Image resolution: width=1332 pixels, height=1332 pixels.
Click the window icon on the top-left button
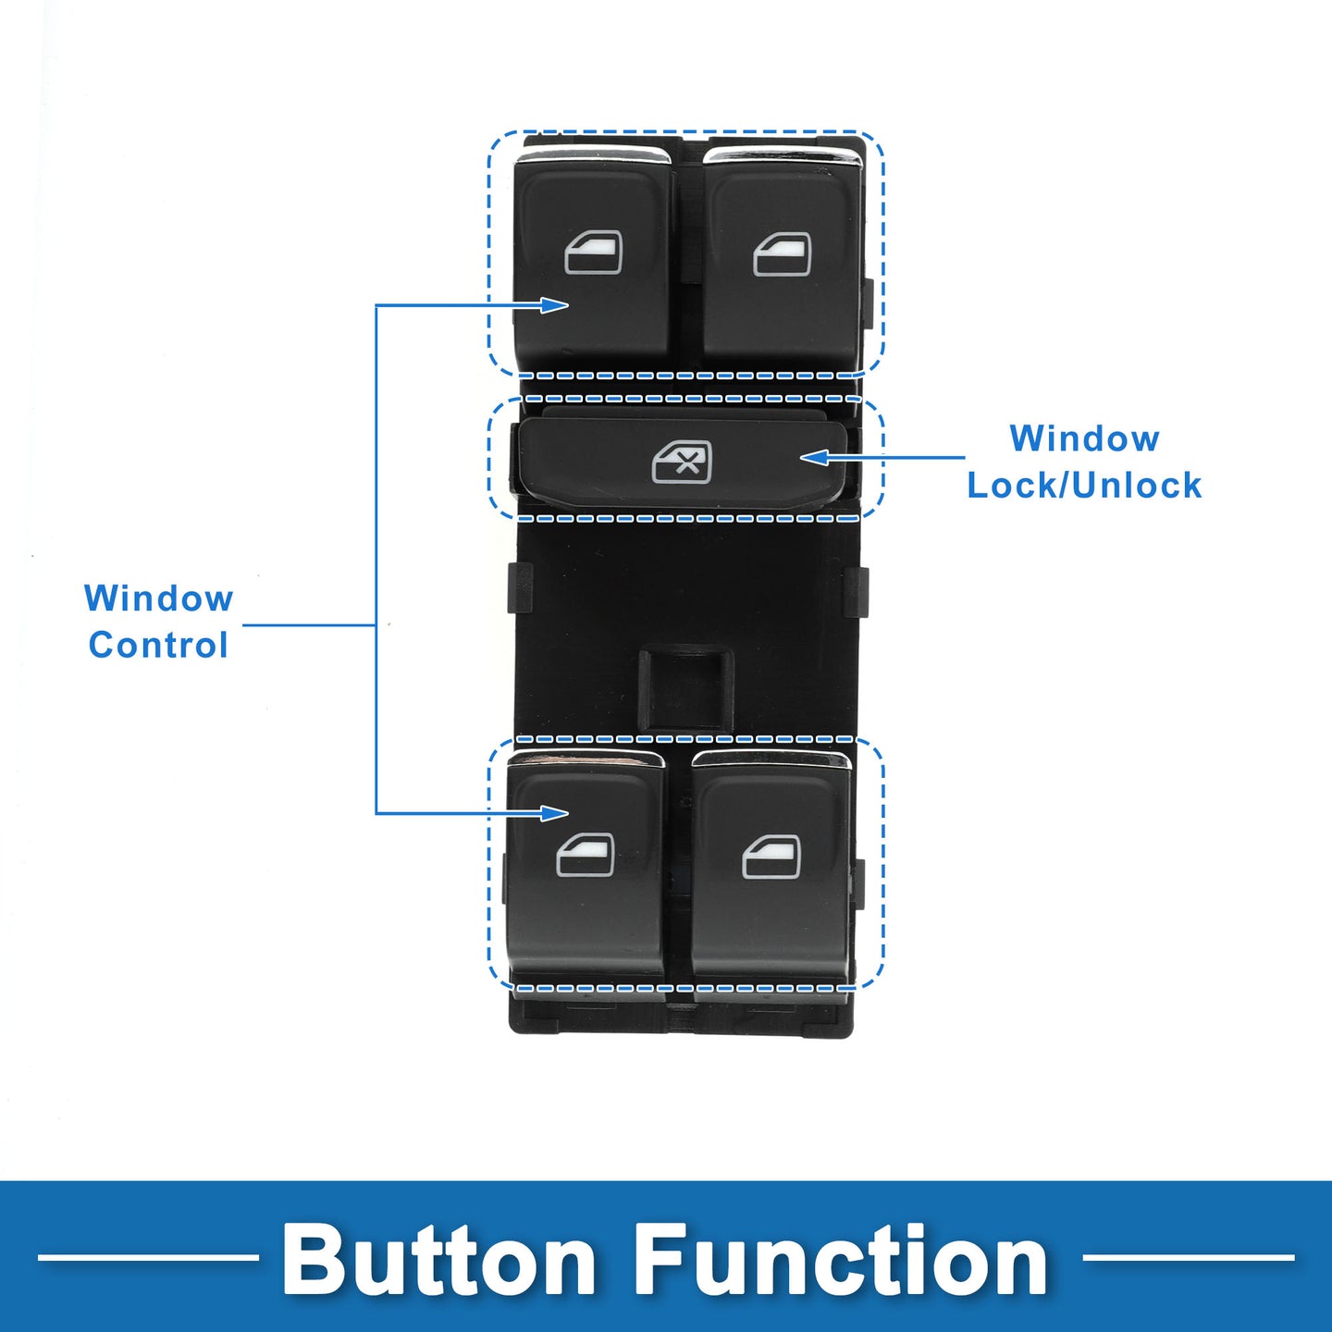(593, 253)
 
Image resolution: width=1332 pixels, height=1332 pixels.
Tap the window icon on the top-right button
(782, 254)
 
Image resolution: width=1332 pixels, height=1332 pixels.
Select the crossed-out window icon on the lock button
(682, 462)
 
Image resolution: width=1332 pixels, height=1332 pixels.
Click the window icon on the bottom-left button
(586, 856)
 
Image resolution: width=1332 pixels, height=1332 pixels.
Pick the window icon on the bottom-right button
(771, 857)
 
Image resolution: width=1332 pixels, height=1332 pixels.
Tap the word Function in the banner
(840, 1260)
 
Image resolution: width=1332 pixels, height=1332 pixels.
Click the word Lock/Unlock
(1084, 486)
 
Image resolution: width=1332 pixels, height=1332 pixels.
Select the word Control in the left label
(158, 645)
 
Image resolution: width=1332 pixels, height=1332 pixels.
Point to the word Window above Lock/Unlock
(1084, 438)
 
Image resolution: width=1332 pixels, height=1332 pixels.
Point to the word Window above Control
(158, 598)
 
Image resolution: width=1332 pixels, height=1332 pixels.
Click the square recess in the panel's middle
(685, 688)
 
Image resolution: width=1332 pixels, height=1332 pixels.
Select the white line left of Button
(148, 1257)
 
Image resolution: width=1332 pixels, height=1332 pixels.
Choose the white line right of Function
(1188, 1257)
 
